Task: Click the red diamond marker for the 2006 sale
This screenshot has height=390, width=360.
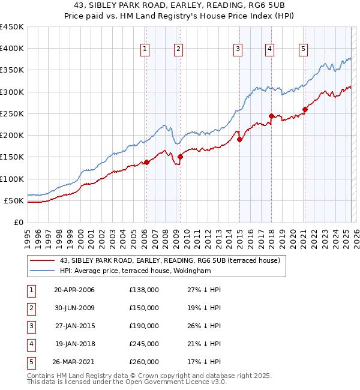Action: tap(146, 162)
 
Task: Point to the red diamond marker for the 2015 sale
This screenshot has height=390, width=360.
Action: tap(239, 139)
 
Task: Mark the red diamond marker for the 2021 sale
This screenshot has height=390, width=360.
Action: tap(305, 109)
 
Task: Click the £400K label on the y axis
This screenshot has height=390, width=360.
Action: tap(12, 49)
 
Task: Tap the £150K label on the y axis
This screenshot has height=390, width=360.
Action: tap(12, 157)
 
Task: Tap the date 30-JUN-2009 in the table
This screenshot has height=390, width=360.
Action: tap(74, 308)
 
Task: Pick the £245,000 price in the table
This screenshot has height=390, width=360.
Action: tap(144, 344)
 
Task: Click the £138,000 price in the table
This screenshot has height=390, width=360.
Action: tap(144, 290)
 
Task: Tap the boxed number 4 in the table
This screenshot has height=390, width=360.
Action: tap(31, 344)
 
